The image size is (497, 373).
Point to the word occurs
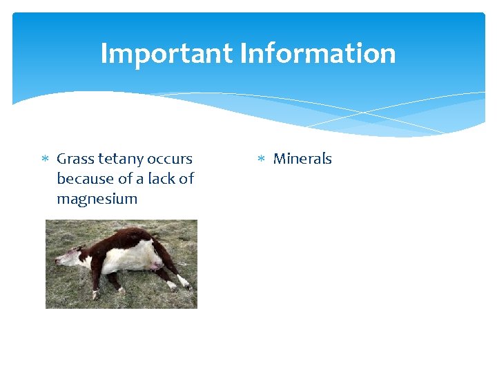tap(170, 159)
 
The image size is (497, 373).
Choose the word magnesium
tap(97, 199)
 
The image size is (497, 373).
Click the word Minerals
tap(302, 159)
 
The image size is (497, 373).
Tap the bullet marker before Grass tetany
tap(45, 160)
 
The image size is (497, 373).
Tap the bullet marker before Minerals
tap(262, 160)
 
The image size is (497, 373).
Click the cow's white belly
tap(131, 260)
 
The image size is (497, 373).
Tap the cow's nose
tap(57, 261)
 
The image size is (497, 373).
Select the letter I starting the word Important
tap(104, 53)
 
